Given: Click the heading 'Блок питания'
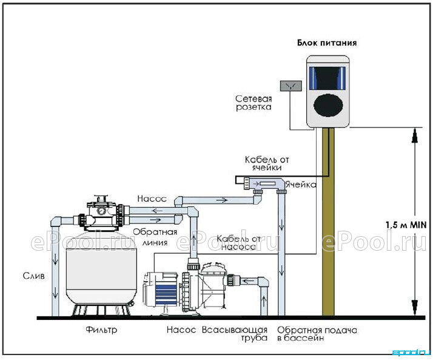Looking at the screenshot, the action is (327, 43).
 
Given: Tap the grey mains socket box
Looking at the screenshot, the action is (291, 86).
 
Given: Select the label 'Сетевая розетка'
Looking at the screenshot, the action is (253, 103).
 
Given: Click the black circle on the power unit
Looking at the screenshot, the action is (328, 105).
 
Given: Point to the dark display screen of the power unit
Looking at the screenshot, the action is (327, 78).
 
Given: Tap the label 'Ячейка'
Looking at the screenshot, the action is (301, 185).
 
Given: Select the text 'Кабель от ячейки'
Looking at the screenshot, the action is (267, 163).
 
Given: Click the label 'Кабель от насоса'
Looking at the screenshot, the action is (238, 242).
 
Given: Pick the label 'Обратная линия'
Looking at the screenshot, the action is (155, 237).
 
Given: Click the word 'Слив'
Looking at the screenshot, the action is (34, 276).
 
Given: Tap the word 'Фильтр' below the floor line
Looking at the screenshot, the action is (101, 330).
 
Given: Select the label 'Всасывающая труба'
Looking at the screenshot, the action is (235, 334).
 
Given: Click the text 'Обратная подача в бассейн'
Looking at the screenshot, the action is (317, 334).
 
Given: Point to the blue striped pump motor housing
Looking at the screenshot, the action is (166, 294).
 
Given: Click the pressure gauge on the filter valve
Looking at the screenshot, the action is (101, 211).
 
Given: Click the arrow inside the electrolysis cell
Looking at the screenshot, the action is (256, 183).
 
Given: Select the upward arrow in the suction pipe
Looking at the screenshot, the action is (264, 301).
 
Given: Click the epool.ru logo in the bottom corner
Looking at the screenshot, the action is (411, 353).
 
